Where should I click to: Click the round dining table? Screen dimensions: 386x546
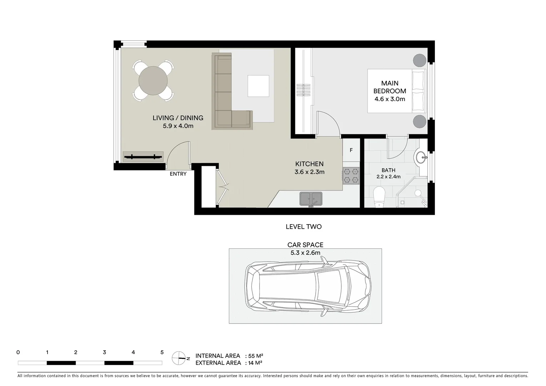point(153,80)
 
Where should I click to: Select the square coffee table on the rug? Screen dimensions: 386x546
point(258,86)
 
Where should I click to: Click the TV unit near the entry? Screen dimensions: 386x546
point(143,157)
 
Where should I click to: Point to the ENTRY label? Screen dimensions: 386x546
point(178,174)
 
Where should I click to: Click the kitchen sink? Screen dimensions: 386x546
point(311,198)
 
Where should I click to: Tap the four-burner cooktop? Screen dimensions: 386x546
point(351,176)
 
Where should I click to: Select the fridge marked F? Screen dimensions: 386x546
point(351,150)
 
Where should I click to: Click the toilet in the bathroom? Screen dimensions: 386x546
point(379,197)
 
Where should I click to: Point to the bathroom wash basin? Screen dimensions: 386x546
point(421,157)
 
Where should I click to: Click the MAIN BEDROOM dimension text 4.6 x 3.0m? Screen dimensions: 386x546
point(390,99)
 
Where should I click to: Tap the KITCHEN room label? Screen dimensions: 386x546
point(309,164)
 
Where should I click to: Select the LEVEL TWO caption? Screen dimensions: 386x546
point(304,227)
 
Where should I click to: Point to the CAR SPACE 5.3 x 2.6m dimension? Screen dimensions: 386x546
point(305,253)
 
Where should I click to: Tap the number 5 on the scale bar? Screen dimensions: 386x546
point(162,352)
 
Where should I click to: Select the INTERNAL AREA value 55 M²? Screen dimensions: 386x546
point(256,356)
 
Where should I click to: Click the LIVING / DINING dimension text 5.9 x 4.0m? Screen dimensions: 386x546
point(178,126)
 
